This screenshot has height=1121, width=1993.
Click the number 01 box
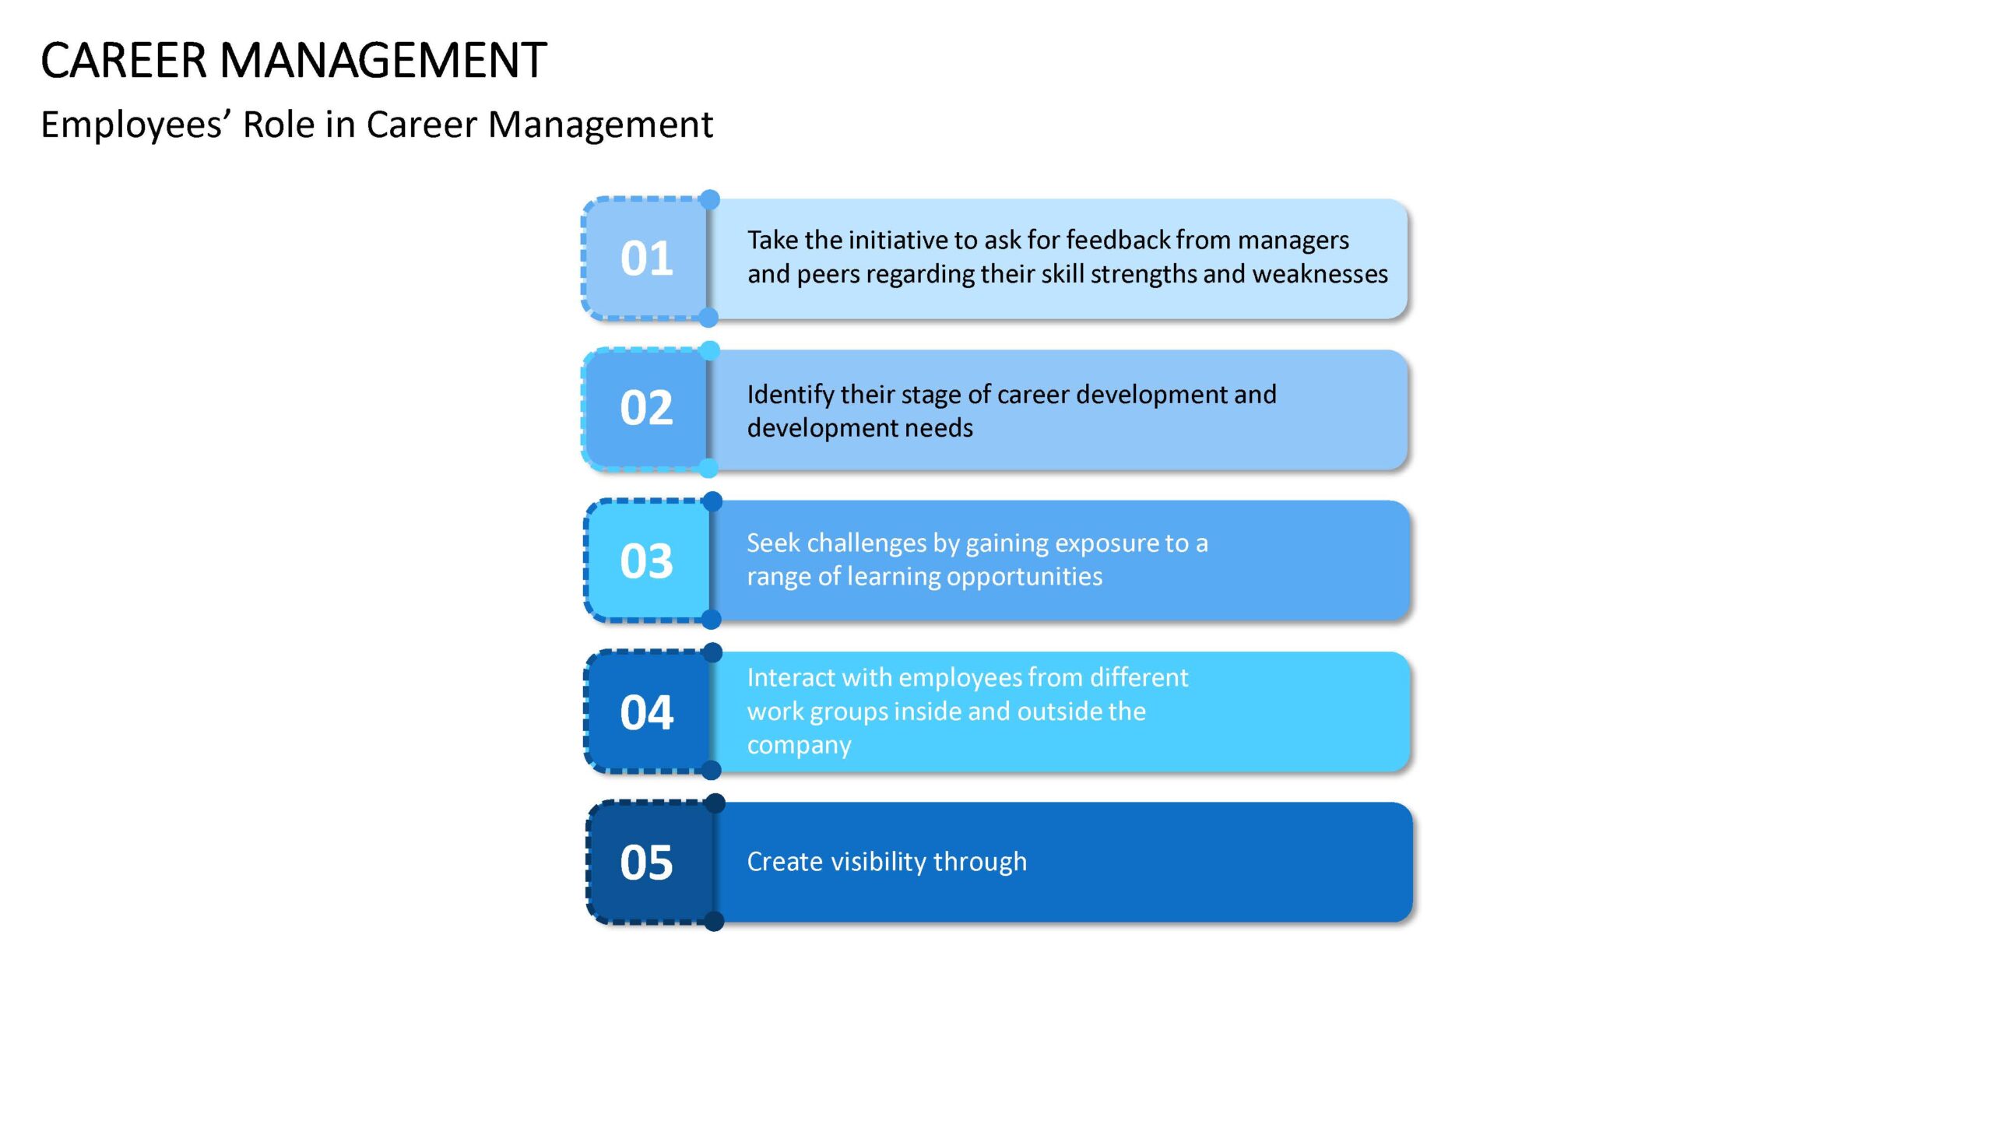click(645, 258)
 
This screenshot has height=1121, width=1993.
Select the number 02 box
click(645, 409)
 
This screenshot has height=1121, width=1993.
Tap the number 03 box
click(647, 560)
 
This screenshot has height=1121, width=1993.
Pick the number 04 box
click(647, 712)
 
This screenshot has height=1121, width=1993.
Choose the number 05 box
click(649, 863)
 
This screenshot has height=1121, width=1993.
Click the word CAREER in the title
click(124, 61)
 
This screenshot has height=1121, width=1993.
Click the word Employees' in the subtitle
click(136, 125)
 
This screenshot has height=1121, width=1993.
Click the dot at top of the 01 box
click(710, 199)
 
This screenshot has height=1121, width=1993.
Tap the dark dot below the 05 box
click(714, 922)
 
